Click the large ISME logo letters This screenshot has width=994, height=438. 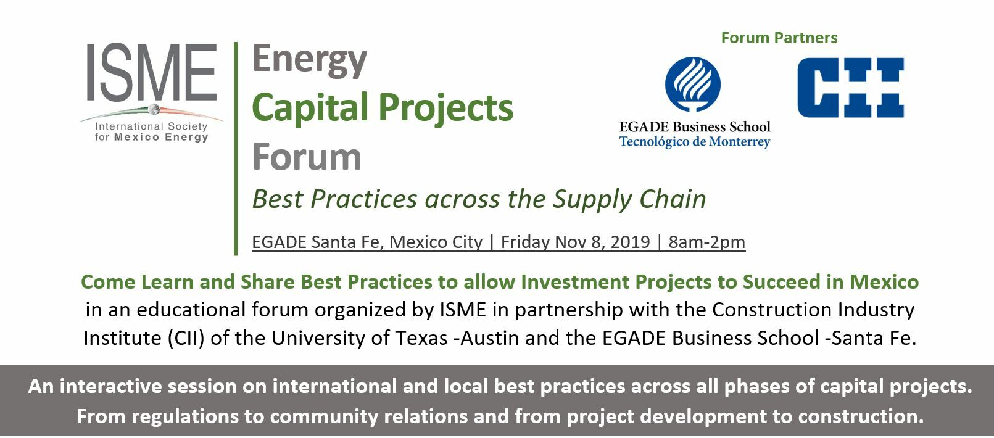(152, 72)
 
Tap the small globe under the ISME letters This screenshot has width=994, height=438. (154, 109)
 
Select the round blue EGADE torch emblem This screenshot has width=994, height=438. (693, 85)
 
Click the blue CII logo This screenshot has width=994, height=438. (851, 88)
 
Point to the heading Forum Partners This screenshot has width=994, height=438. (779, 38)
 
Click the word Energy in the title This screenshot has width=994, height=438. (309, 60)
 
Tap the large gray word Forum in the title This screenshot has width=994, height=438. (307, 157)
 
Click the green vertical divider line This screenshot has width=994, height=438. (236, 149)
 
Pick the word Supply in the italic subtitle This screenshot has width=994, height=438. (592, 199)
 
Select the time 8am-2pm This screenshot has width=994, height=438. (707, 242)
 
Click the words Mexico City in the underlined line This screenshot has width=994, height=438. (436, 242)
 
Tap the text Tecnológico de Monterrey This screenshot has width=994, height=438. (695, 142)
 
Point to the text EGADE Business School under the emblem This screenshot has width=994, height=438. (695, 126)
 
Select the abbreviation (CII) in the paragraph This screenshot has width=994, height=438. (186, 339)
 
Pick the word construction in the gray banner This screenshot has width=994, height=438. (861, 416)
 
